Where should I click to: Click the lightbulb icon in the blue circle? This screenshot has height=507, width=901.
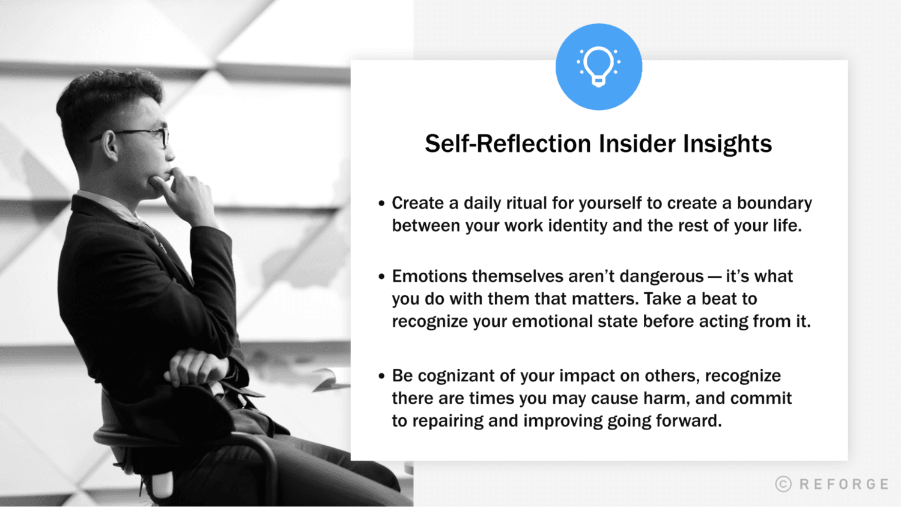click(x=598, y=66)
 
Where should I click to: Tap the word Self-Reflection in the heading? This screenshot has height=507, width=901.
click(x=508, y=144)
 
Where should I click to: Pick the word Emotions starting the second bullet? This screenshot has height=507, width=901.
click(x=429, y=276)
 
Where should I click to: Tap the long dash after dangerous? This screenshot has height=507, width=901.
click(x=715, y=277)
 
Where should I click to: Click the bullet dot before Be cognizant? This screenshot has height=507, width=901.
click(x=381, y=377)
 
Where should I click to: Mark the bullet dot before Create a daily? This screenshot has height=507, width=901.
click(x=381, y=204)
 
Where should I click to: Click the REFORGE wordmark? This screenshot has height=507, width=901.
click(x=844, y=484)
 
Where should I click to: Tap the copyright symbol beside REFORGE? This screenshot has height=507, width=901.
click(x=783, y=484)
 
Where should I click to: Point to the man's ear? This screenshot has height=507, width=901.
click(x=109, y=145)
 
